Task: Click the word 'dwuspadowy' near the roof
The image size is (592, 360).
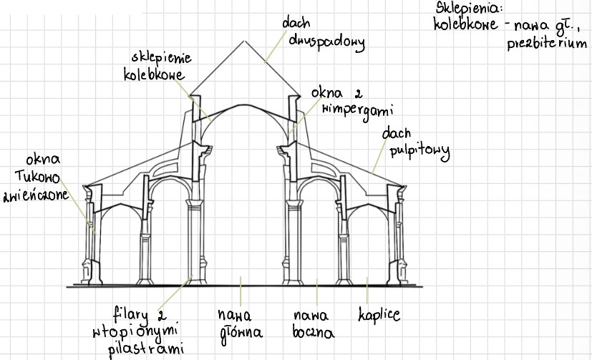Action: [326, 42]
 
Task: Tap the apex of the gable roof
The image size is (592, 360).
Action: [245, 41]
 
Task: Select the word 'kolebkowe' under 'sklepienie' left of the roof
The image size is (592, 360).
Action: [154, 74]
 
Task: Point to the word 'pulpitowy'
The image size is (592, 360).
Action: [419, 151]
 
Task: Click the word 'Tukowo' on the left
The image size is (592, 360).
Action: [37, 177]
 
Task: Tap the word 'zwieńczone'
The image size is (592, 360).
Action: [36, 195]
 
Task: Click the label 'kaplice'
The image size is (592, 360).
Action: [379, 314]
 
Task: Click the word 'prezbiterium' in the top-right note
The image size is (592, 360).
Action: [547, 44]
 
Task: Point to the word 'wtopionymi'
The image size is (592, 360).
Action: [135, 331]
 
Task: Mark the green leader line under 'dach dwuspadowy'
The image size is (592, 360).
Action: [276, 46]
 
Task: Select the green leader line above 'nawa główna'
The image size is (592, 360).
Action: [241, 291]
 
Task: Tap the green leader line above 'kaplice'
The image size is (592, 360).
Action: [367, 291]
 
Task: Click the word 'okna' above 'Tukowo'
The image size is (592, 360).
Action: [43, 160]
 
